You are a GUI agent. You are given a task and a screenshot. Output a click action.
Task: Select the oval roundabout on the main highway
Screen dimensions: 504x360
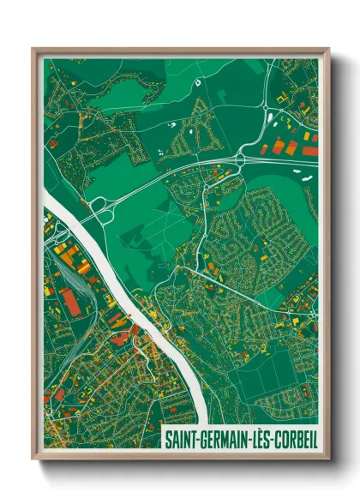[x=243, y=158]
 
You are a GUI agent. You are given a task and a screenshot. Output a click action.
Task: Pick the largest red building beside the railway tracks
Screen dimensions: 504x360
[x=69, y=301]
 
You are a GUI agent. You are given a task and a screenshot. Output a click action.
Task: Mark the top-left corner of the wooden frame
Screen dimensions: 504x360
[x=33, y=50]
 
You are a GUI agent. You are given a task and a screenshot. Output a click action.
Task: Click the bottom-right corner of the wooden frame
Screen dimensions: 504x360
[x=328, y=458]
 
